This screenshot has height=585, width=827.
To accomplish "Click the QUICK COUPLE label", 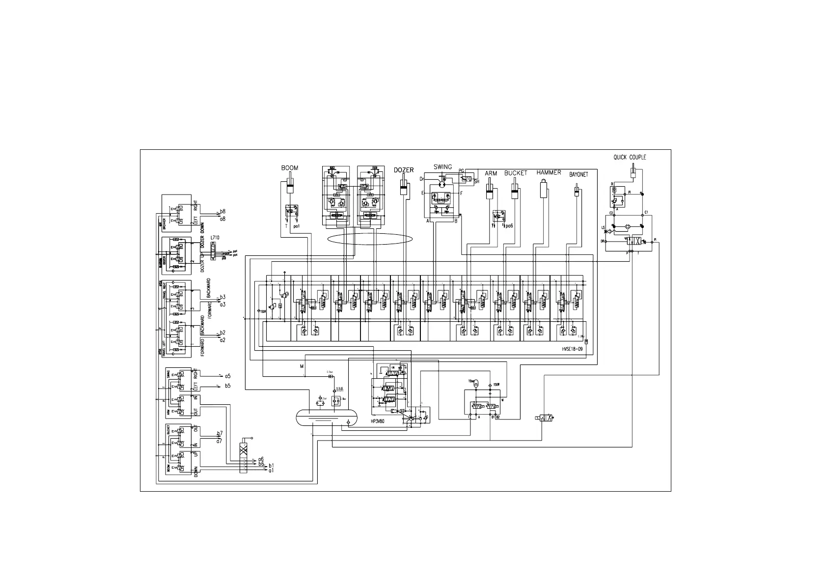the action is pyautogui.click(x=630, y=158).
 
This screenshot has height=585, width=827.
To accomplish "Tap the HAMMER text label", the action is pyautogui.click(x=549, y=172).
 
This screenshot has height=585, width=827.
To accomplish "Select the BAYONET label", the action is pyautogui.click(x=578, y=174).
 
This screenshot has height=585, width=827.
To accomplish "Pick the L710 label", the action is pyautogui.click(x=215, y=238).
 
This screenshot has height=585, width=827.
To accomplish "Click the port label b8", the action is pyautogui.click(x=222, y=211).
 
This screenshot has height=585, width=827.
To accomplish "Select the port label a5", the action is pyautogui.click(x=228, y=376).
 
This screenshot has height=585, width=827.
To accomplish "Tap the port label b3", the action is pyautogui.click(x=222, y=297).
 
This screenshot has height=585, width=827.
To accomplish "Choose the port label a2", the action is pyautogui.click(x=222, y=340).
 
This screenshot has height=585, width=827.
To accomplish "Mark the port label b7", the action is pyautogui.click(x=220, y=433).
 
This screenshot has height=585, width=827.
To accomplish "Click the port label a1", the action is pyautogui.click(x=271, y=471).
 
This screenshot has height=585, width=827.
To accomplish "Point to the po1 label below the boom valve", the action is pyautogui.click(x=297, y=227).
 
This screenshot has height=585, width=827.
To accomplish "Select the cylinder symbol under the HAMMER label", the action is pyautogui.click(x=544, y=189).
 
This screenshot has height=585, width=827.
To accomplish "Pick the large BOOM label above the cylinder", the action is pyautogui.click(x=289, y=168).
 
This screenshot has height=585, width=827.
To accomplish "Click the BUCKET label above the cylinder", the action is pyautogui.click(x=516, y=173).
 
